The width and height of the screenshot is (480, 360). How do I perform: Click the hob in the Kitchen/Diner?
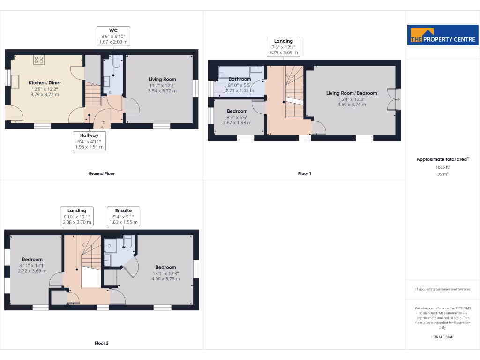point(39,60)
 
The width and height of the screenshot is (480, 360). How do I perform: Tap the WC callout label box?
point(113,36)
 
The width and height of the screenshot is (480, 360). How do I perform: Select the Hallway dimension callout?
point(89,141)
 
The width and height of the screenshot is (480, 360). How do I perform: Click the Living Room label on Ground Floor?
point(162,79)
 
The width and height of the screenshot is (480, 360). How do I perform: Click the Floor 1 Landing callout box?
point(284,47)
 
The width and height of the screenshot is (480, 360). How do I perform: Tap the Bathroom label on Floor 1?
point(240,79)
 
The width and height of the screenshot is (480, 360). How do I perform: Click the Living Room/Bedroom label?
point(352,93)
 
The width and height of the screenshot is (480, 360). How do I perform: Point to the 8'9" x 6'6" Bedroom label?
point(237,111)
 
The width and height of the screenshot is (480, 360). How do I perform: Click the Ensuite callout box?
point(123,216)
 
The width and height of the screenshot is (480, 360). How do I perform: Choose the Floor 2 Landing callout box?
point(77,216)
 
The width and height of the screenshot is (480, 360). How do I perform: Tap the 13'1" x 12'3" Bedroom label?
point(165,267)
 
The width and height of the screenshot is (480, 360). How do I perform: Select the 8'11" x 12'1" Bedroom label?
point(32,259)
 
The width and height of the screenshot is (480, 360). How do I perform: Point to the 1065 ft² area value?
point(443,167)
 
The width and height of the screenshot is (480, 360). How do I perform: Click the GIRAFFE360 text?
point(443,337)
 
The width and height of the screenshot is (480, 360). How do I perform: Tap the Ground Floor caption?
point(102,173)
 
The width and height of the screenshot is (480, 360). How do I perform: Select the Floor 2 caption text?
point(102,343)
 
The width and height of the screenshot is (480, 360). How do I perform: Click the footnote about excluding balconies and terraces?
point(443,289)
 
